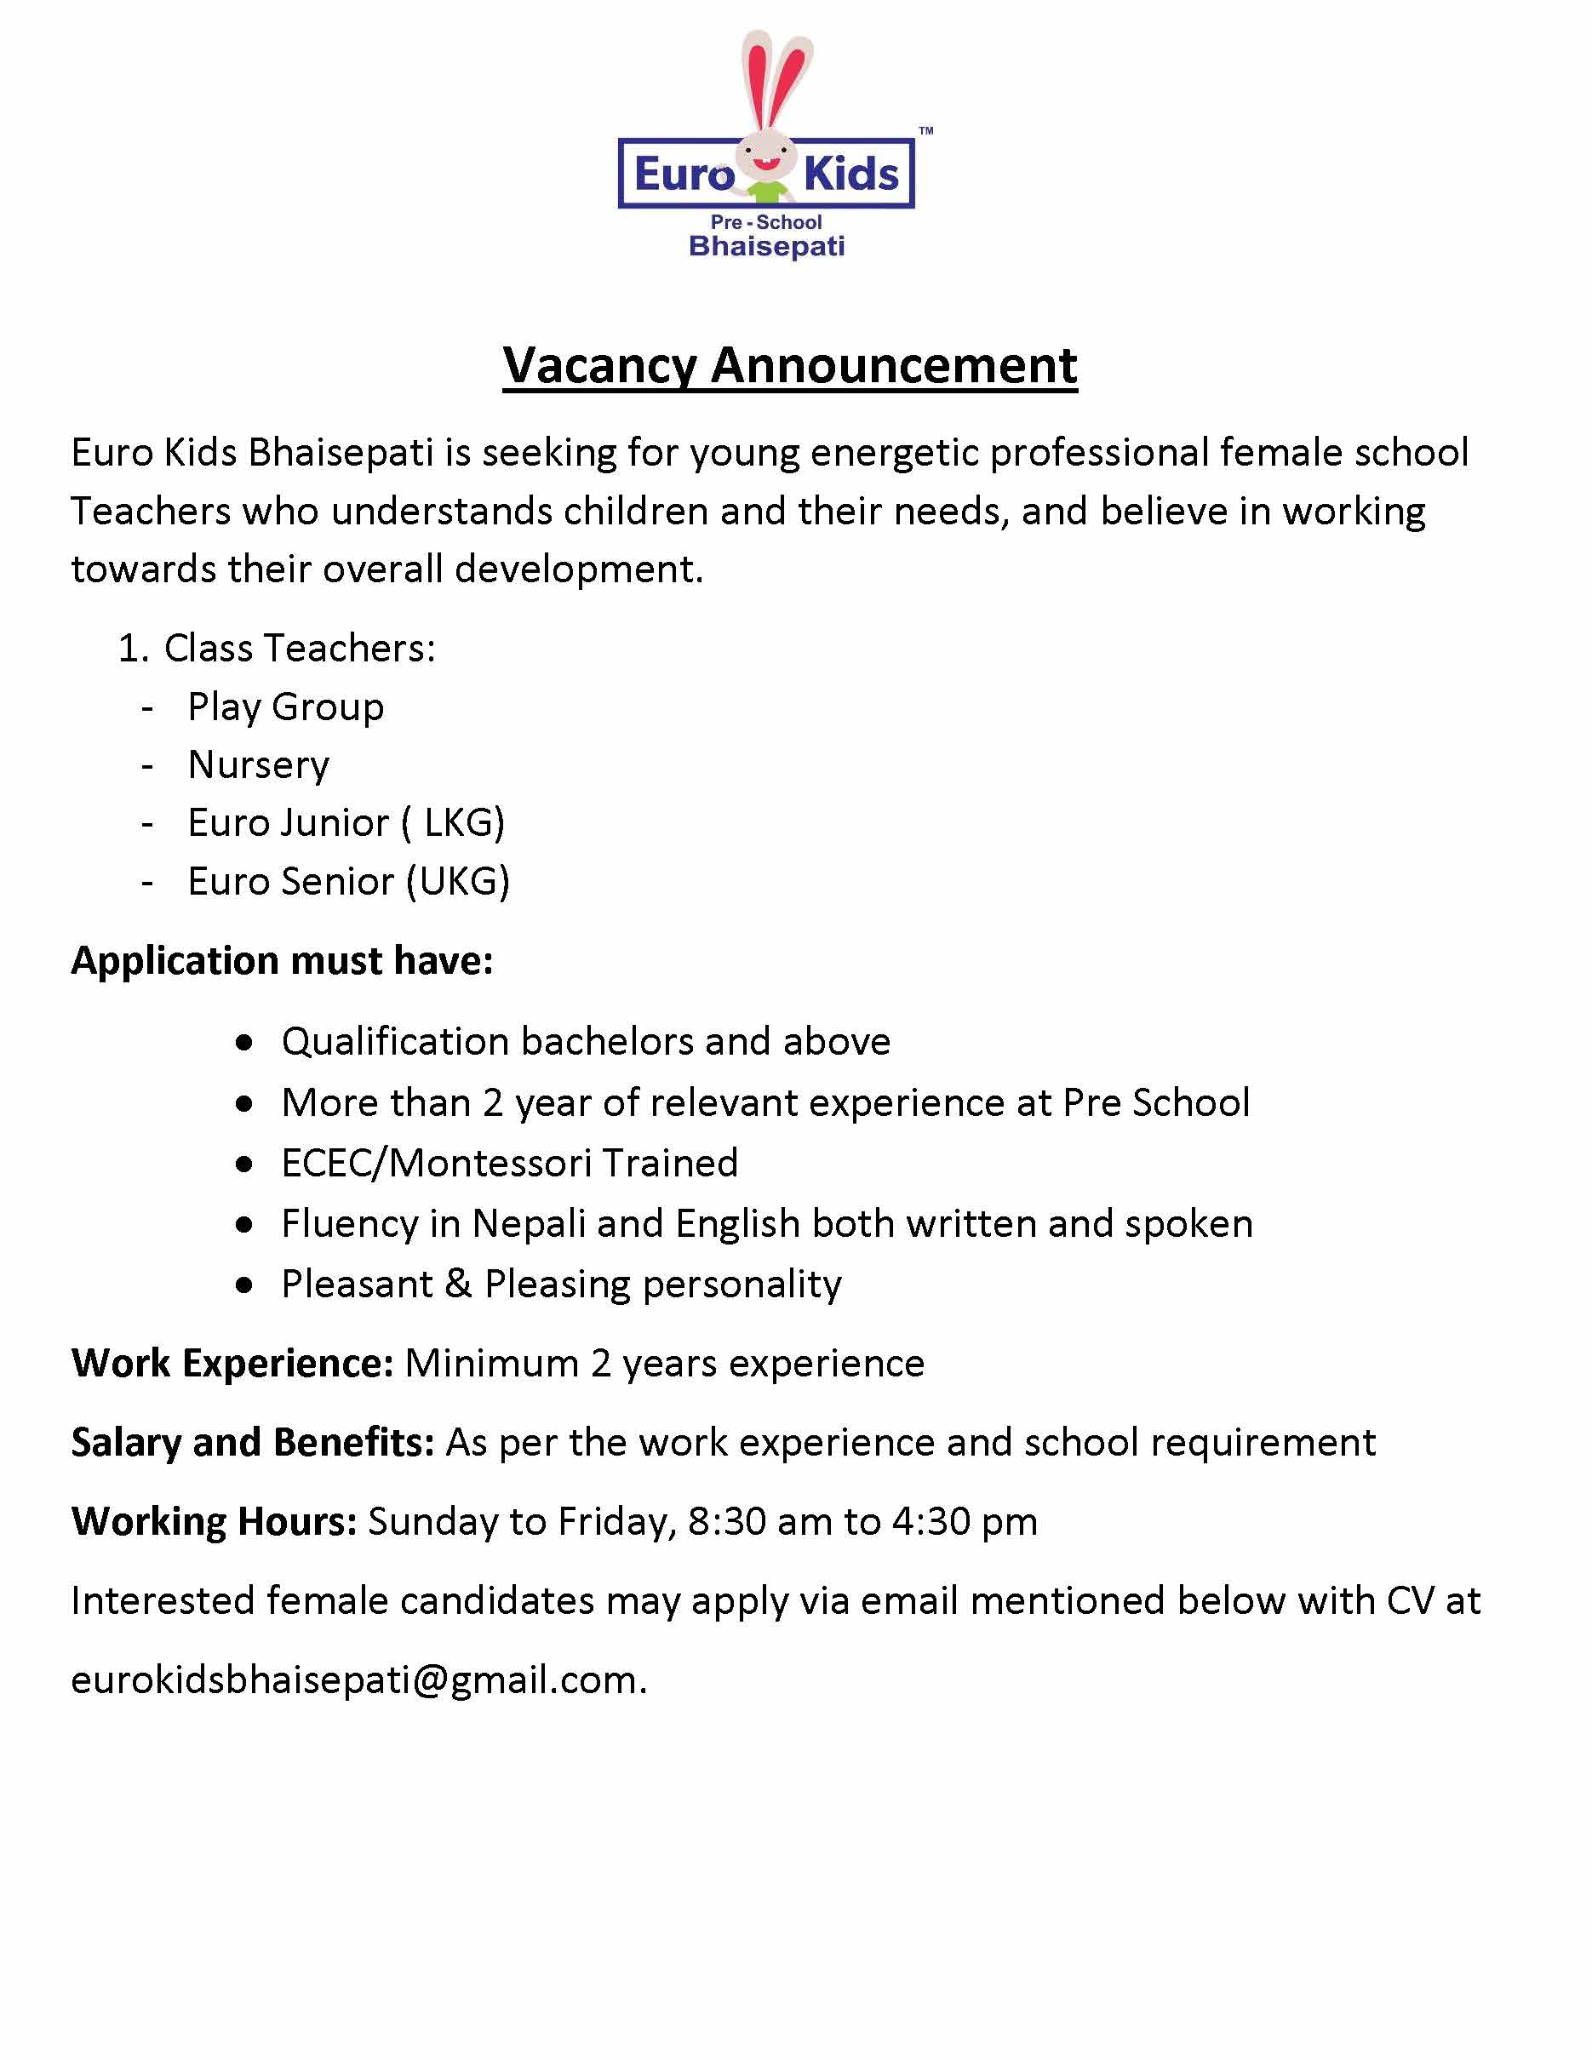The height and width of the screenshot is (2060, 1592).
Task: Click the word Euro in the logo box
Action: point(684,175)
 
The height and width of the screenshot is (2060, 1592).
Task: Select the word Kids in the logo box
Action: point(851,175)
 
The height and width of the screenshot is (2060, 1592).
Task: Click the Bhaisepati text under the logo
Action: point(767,246)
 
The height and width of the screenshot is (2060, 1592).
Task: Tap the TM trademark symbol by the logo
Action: point(926,131)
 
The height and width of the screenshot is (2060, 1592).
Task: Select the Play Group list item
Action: point(286,707)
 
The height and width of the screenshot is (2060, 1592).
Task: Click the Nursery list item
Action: point(259,764)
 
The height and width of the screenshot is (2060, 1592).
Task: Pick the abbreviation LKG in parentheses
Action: point(463,822)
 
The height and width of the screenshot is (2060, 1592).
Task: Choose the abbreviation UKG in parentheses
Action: point(461,881)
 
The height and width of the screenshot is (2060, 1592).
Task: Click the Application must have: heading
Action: point(282,960)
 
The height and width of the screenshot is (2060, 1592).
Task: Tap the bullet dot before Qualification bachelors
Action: point(245,1042)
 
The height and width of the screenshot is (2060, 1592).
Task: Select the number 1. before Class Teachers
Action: point(133,649)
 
